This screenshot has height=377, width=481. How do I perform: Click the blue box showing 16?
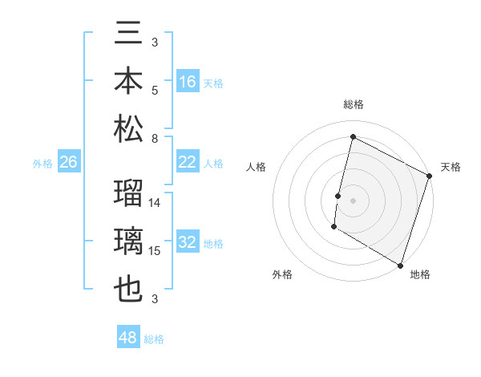pos(188,81)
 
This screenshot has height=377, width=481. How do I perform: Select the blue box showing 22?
pos(188,162)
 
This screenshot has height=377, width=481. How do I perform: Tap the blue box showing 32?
pos(188,242)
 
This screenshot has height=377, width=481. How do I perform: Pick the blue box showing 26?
pos(68,162)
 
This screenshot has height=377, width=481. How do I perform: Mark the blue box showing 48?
pos(128,338)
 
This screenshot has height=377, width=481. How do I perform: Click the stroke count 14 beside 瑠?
pos(155,203)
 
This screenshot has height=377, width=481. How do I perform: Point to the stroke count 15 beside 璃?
pos(155,251)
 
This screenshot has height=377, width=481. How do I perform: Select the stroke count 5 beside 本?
pos(155,90)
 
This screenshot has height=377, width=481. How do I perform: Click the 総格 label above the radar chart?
pos(353,105)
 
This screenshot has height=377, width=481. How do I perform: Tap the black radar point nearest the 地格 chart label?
pos(399,264)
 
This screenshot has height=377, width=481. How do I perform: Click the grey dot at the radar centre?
pos(353,200)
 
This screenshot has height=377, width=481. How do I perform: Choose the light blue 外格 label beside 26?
pos(42,163)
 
